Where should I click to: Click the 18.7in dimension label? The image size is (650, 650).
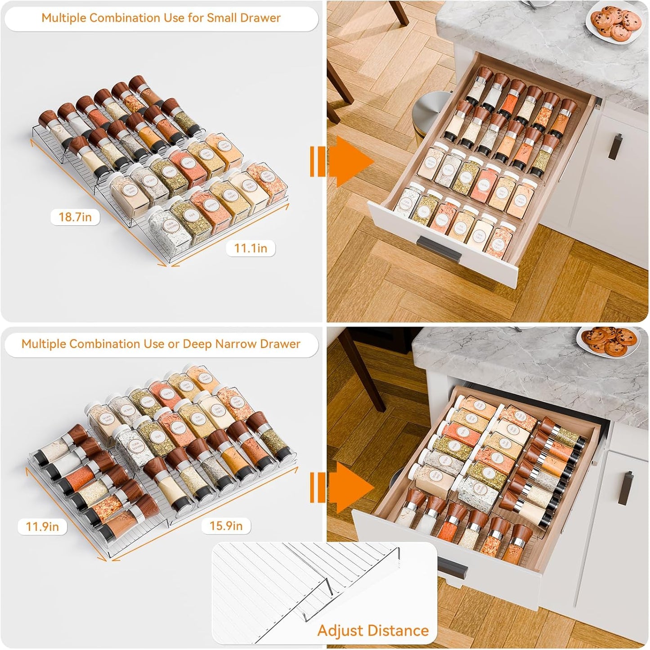pyautogui.click(x=75, y=217)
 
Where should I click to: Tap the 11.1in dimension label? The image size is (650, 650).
pyautogui.click(x=251, y=248)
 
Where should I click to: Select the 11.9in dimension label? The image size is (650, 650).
pyautogui.click(x=42, y=526)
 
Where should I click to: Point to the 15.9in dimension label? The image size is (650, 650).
pyautogui.click(x=226, y=526)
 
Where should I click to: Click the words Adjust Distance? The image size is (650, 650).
pyautogui.click(x=373, y=630)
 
